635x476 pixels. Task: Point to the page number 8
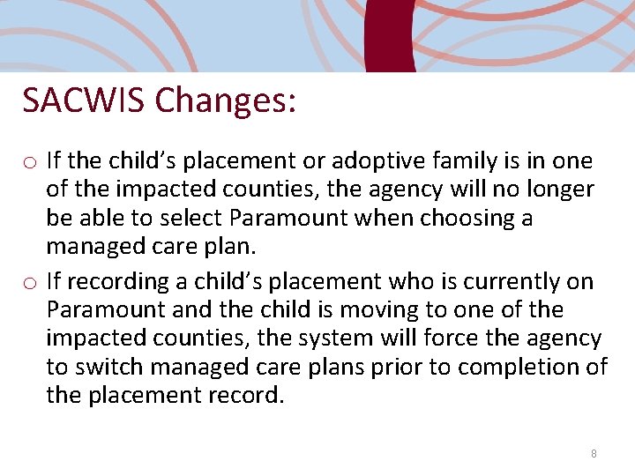(x=594, y=453)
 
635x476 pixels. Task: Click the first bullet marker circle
(x=30, y=162)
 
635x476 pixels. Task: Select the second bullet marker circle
(x=30, y=283)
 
